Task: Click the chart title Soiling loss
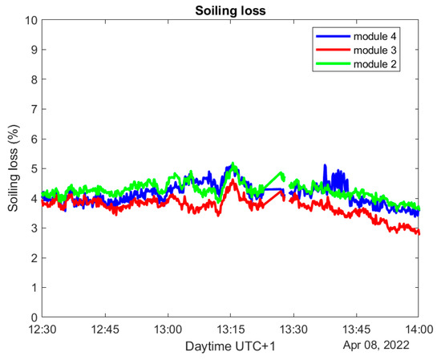tap(230, 10)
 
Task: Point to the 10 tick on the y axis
tap(31, 19)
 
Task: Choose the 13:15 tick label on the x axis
tap(230, 330)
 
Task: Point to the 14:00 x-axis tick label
tap(417, 330)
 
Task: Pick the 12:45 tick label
tap(105, 330)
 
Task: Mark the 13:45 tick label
tap(355, 330)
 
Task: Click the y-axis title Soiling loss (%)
tap(14, 168)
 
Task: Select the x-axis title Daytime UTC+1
tap(230, 346)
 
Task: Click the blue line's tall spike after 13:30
tap(325, 166)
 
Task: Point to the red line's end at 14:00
tap(417, 233)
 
